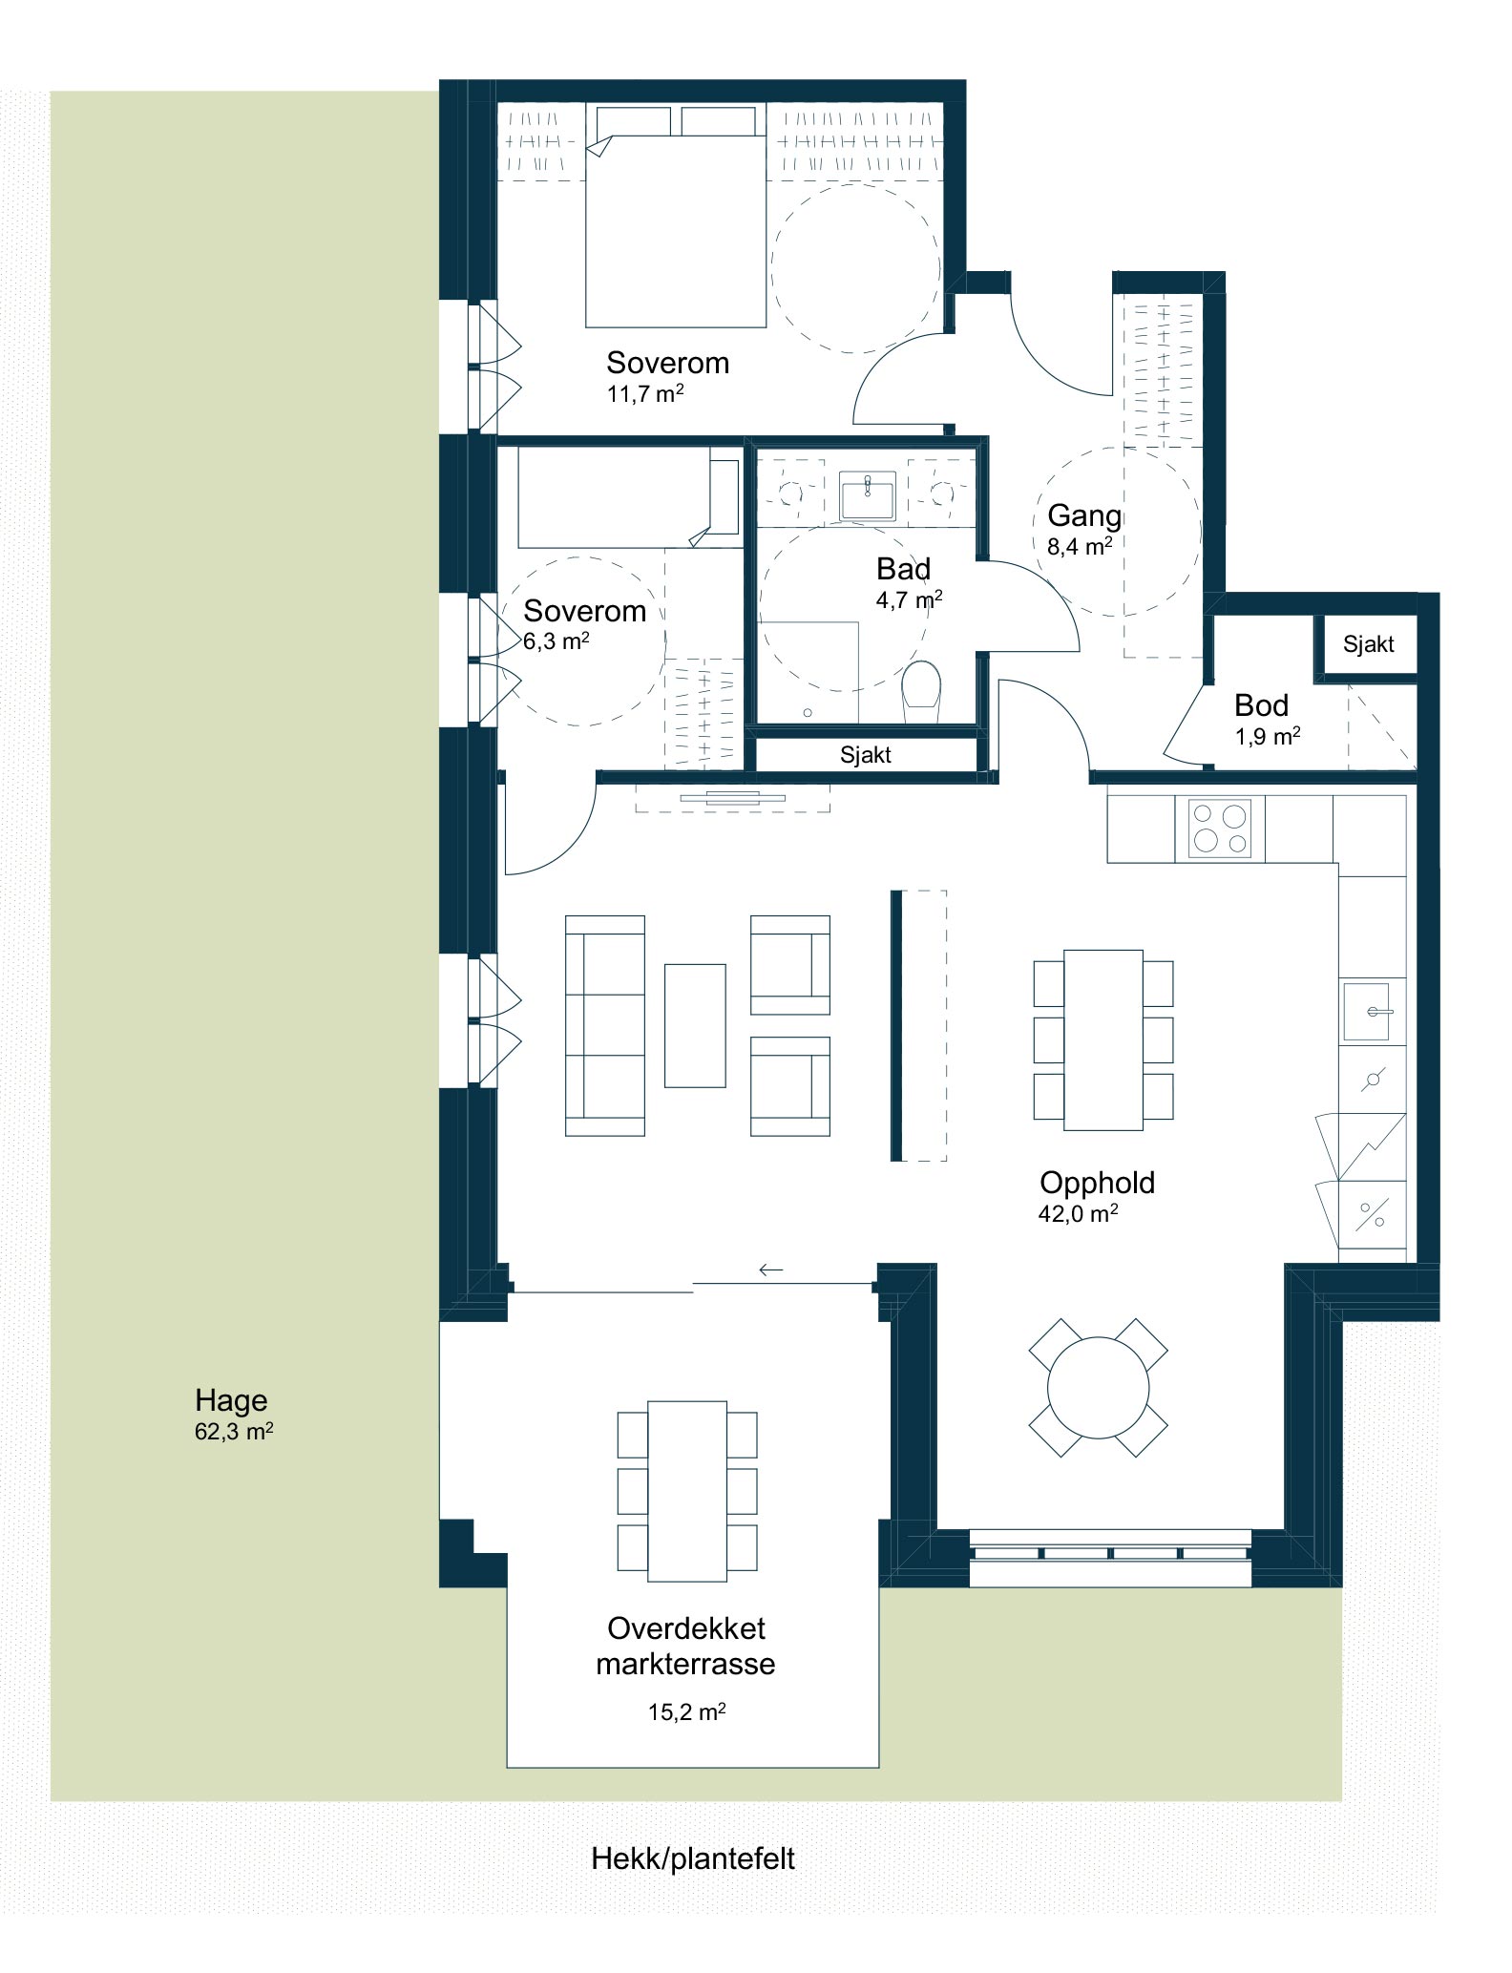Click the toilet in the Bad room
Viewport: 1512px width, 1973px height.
[921, 692]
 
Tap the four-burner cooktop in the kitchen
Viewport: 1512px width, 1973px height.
[1220, 828]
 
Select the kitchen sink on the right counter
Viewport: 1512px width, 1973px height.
[1371, 1011]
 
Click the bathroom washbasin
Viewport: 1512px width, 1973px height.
[867, 495]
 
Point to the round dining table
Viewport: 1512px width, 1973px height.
[1099, 1389]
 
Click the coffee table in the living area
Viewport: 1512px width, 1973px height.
[695, 1025]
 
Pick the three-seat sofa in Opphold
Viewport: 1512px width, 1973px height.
[605, 1025]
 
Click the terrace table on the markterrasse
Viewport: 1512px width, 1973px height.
[687, 1490]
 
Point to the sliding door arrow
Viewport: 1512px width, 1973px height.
[770, 1270]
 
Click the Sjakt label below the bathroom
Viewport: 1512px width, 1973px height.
[866, 755]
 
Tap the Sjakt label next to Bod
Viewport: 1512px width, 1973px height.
[1368, 644]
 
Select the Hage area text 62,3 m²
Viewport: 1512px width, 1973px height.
[234, 1432]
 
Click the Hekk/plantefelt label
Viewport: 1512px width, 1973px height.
[693, 1858]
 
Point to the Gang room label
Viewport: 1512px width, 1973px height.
[1084, 516]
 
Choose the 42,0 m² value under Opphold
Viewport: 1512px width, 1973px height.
[1079, 1214]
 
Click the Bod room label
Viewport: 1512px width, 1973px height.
[1261, 705]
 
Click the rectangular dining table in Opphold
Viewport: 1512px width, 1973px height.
[1103, 1039]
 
